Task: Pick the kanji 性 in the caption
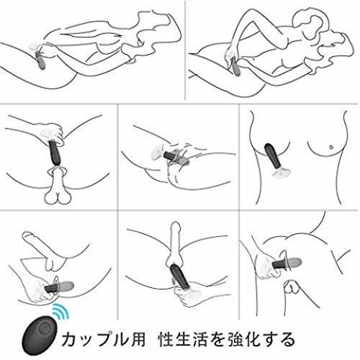click(x=167, y=339)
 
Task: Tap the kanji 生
click(x=184, y=339)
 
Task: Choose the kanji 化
click(x=252, y=339)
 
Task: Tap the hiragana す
click(x=269, y=339)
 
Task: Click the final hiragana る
click(x=287, y=339)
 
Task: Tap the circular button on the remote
click(x=43, y=328)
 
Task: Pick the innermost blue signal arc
click(x=56, y=316)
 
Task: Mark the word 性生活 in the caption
click(x=184, y=339)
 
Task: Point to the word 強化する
click(x=261, y=339)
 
